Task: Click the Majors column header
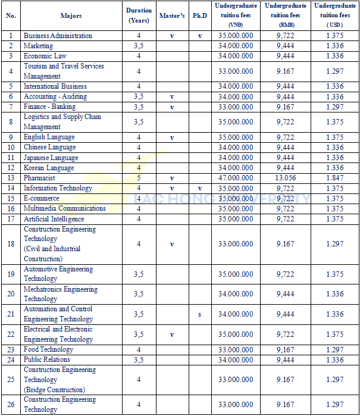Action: click(x=71, y=15)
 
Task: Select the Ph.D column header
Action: click(x=200, y=15)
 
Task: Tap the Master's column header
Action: click(x=172, y=15)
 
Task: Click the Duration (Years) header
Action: click(x=139, y=15)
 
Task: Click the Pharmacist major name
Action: click(x=39, y=178)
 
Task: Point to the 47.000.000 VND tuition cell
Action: click(x=236, y=178)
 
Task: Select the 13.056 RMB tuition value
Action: click(x=286, y=178)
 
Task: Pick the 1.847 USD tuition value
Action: click(x=335, y=178)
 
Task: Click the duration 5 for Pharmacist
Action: click(x=139, y=178)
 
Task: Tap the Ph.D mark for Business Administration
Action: click(x=200, y=36)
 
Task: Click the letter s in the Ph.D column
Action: click(x=200, y=314)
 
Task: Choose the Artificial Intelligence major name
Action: click(x=54, y=218)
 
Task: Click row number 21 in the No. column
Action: click(x=11, y=314)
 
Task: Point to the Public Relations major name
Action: click(x=46, y=359)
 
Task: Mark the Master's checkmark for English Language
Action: click(x=172, y=137)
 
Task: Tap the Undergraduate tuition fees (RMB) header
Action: click(x=286, y=15)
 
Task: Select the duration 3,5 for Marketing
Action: click(x=139, y=46)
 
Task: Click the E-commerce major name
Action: click(x=41, y=198)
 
